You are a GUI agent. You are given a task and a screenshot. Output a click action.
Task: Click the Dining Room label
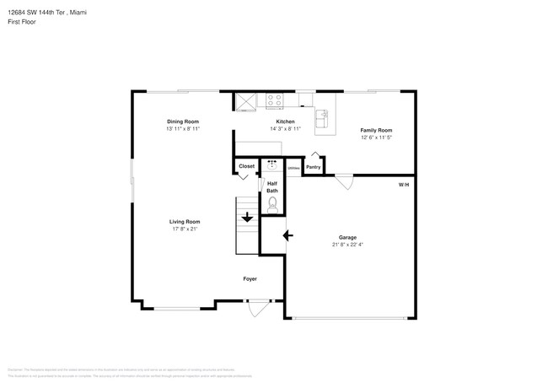[x=183, y=121]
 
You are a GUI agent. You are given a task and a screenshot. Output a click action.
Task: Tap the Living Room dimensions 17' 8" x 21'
[x=184, y=229]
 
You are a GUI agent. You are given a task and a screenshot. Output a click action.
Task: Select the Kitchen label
[x=285, y=121]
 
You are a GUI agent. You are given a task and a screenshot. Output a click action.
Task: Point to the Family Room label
[x=376, y=130]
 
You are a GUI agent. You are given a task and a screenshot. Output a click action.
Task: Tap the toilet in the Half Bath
[x=272, y=203]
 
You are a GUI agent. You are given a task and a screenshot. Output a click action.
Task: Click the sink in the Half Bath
[x=272, y=164]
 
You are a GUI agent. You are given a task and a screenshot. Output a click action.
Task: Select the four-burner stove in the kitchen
[x=275, y=100]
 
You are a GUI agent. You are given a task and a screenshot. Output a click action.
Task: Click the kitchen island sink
[x=322, y=118]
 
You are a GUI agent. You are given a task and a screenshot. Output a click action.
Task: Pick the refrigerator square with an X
[x=245, y=101]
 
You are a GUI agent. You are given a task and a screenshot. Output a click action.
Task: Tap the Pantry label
[x=313, y=167]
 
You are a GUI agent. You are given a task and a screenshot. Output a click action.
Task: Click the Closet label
[x=246, y=166]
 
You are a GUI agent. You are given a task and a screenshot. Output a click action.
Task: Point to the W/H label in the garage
[x=404, y=184]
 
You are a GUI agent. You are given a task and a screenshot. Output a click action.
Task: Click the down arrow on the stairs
[x=247, y=218]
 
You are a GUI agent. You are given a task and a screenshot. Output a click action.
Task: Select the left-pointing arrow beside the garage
[x=287, y=235]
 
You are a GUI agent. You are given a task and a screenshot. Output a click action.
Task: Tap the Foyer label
[x=250, y=278]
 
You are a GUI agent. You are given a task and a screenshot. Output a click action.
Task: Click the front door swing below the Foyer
[x=259, y=309]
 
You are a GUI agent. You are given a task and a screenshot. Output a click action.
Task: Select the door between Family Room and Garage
[x=343, y=181]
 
